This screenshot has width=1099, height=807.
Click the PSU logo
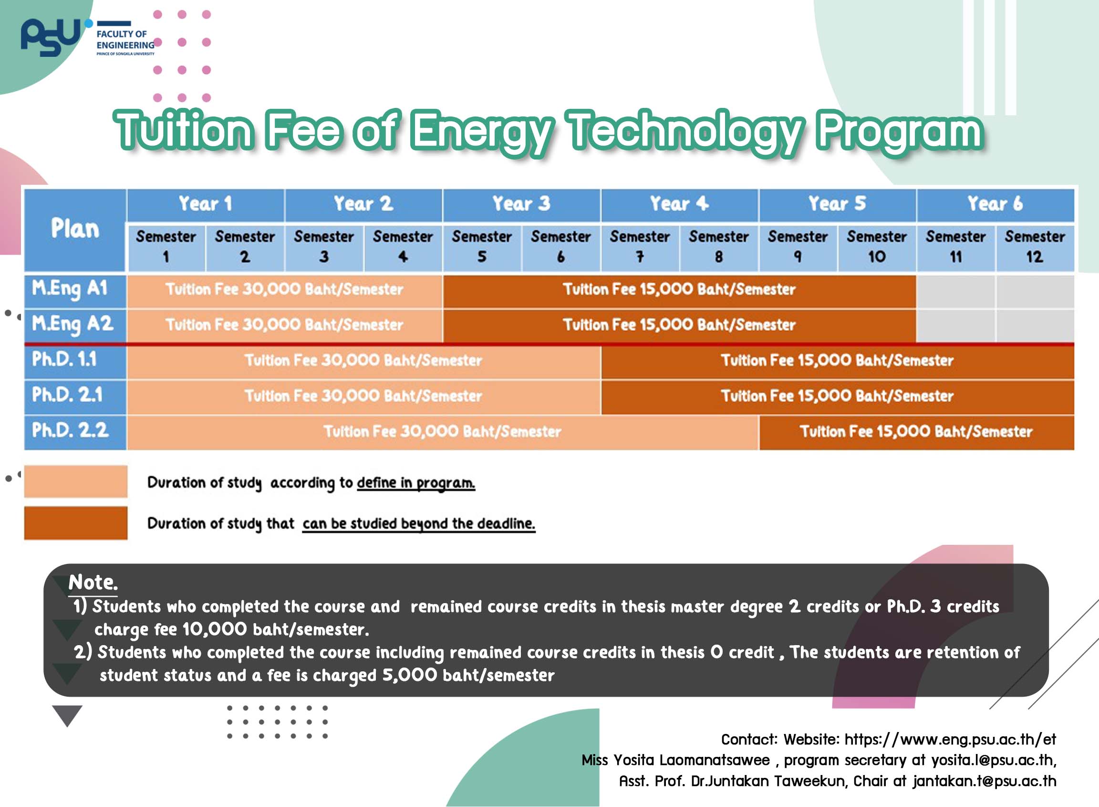point(51,37)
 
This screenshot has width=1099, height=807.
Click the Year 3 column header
point(521,204)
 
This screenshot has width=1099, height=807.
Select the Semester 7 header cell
point(640,247)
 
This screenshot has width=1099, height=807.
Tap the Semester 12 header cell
point(1035,247)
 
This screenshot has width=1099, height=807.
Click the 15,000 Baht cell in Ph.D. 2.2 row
point(916,431)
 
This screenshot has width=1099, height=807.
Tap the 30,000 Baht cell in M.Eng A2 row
point(284,325)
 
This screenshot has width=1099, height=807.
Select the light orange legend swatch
point(76,481)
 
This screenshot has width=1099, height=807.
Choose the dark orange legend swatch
point(76,523)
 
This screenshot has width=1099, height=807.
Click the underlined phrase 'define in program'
point(416,483)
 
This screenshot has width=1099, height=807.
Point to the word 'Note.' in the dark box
point(93,582)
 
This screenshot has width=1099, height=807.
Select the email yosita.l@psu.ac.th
point(993,760)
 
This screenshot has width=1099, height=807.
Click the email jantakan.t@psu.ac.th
point(985,781)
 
